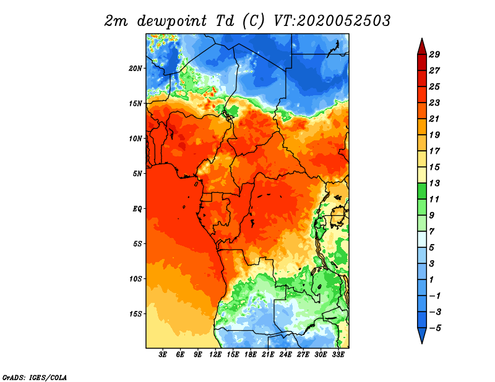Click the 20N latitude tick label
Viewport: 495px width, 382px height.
point(136,68)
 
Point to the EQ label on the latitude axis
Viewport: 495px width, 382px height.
point(137,208)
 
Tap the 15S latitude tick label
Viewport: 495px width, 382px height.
point(136,314)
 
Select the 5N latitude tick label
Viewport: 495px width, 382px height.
point(137,174)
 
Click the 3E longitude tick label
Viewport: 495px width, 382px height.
point(163,355)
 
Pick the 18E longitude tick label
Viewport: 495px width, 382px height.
point(251,355)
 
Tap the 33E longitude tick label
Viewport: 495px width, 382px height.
point(338,355)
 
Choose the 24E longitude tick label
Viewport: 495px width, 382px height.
point(285,355)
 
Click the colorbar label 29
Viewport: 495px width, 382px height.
point(434,54)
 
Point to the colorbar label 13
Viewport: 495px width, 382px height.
point(434,183)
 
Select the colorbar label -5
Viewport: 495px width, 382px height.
point(436,328)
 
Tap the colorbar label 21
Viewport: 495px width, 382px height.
point(434,119)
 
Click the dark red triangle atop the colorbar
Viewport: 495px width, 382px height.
point(422,48)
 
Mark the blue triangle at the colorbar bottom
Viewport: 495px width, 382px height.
point(422,334)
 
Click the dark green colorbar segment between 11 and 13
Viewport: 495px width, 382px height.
point(422,191)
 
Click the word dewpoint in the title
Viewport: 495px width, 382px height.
point(171,22)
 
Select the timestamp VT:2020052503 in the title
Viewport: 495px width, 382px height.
point(332,21)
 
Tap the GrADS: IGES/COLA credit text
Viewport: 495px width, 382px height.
point(35,378)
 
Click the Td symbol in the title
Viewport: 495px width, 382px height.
point(225,21)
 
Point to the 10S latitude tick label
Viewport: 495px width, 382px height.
point(136,279)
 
